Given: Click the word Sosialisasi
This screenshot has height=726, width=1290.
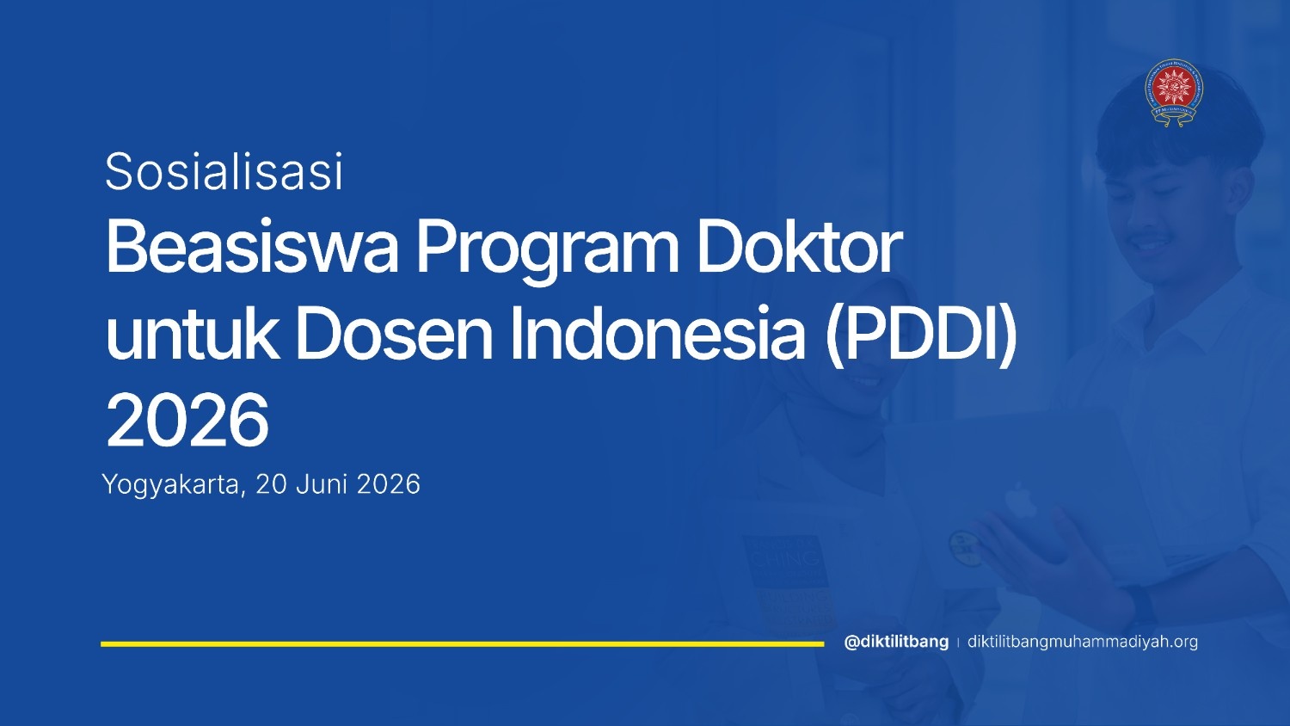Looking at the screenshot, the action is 224,171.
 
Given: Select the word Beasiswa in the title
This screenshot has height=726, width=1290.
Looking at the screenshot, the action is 252,247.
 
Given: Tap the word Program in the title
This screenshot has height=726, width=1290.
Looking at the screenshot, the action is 547,253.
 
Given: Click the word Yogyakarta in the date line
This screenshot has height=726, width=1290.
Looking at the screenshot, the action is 170,485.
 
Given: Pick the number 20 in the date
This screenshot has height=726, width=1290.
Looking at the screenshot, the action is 271,484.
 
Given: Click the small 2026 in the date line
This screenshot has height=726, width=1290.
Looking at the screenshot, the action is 389,484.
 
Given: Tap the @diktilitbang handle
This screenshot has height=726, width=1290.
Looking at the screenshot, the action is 896,642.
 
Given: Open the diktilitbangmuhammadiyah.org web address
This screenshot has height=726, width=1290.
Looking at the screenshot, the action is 1083,642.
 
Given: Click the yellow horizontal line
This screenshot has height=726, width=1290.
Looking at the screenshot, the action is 463,644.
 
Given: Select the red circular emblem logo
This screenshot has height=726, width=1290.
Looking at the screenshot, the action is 1174,93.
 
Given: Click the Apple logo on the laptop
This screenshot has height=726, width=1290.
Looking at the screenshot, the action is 1021,500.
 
